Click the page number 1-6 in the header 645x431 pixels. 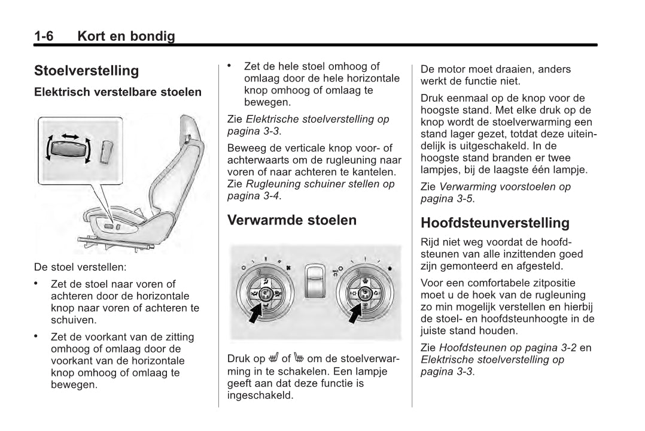pos(44,37)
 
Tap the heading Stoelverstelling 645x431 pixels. pos(86,71)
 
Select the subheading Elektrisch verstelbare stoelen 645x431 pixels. pos(118,93)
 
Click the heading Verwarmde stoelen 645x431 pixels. pos(291,220)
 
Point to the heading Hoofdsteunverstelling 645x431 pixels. pos(495,223)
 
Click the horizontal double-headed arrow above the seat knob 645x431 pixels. pos(70,137)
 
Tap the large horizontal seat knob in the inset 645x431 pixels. pos(68,150)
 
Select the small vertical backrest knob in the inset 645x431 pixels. pos(107,150)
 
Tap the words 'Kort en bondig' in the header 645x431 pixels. pos(126,37)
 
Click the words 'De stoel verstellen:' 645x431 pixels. pos(80,266)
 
